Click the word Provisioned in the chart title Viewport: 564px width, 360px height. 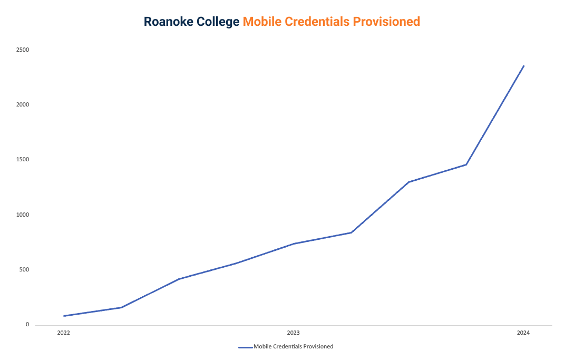click(387, 22)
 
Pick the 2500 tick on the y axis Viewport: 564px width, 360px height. click(22, 50)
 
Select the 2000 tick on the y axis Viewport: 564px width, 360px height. click(22, 105)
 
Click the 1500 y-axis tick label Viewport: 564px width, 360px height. click(22, 160)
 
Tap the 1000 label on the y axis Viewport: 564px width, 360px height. click(22, 215)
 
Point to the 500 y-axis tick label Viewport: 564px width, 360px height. click(24, 270)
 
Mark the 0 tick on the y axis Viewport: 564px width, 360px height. click(27, 325)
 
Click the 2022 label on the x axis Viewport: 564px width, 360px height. click(64, 333)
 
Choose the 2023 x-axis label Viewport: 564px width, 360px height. click(294, 333)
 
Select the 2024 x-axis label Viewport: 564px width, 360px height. click(523, 333)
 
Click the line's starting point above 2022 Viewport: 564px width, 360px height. click(64, 316)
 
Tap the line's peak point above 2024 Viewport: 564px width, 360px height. click(523, 66)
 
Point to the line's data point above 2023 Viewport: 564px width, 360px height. click(294, 244)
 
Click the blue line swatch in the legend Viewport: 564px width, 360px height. click(246, 347)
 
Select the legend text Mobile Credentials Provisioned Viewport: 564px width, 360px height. click(293, 347)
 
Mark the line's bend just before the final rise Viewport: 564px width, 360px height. click(466, 164)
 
